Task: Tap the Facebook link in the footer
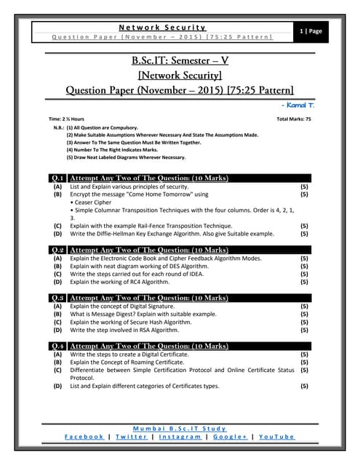pos(84,436)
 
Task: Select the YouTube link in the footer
pos(277,436)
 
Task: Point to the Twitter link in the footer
pos(131,436)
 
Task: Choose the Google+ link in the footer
pos(230,436)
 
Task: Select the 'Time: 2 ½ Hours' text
pos(66,118)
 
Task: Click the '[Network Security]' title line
pos(180,75)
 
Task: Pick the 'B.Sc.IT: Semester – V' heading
pos(180,59)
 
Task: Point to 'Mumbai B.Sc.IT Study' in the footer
pos(180,428)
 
